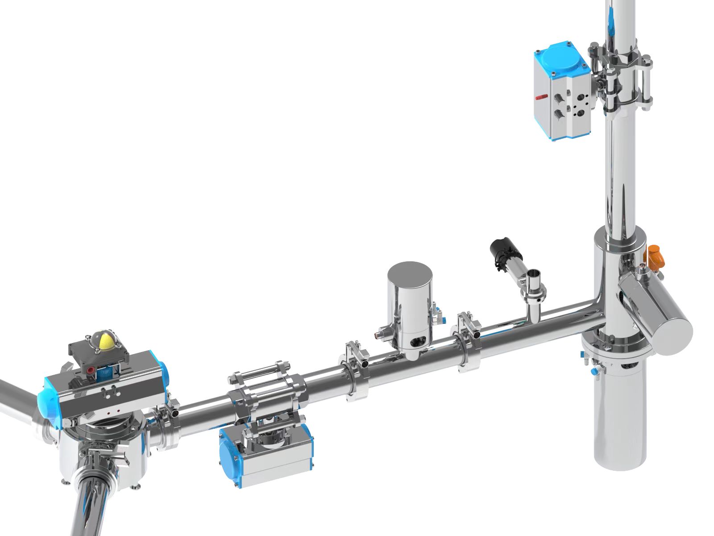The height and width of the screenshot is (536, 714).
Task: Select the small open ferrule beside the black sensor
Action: [534, 281]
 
